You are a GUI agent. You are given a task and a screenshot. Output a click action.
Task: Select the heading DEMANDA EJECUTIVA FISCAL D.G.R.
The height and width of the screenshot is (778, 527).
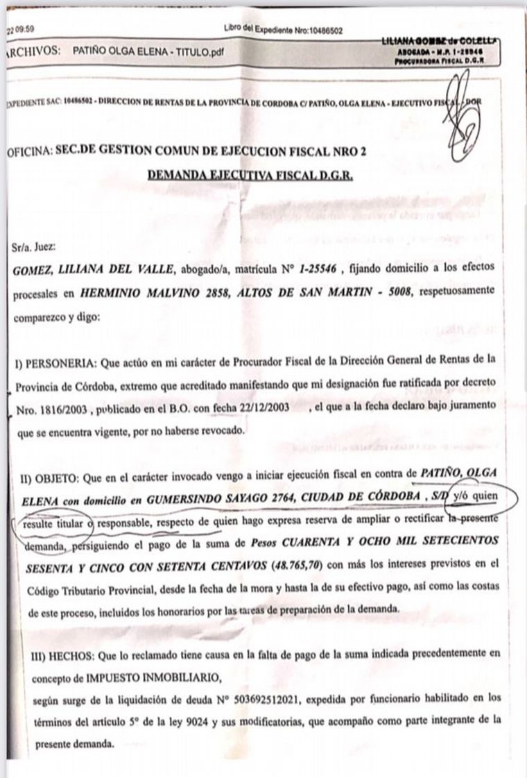[x=250, y=176]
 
